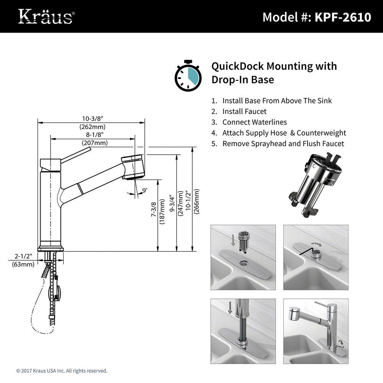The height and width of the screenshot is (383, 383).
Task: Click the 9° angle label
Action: (144, 190)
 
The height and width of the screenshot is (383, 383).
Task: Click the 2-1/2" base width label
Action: (23, 255)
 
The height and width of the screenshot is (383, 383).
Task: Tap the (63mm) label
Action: (23, 264)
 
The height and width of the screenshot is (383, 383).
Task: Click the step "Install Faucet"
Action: (244, 111)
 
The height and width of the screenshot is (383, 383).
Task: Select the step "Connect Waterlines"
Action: (254, 122)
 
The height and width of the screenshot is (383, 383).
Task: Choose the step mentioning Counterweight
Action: (284, 133)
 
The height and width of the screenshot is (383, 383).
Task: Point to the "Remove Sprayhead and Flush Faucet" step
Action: (283, 144)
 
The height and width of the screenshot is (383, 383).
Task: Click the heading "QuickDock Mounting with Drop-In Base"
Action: (274, 73)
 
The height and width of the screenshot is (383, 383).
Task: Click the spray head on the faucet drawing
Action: (133, 167)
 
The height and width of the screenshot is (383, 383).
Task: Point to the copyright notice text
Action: (62, 371)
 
